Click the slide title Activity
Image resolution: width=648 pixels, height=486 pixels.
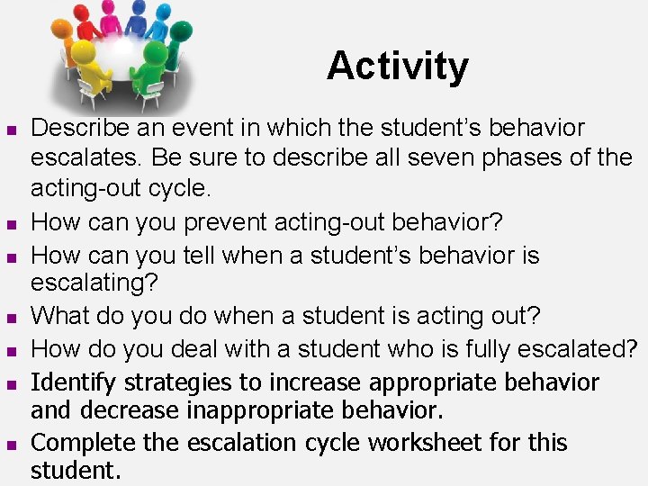point(397,66)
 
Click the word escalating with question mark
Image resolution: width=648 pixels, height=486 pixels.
point(94,283)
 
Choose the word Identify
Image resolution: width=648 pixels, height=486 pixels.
point(75,382)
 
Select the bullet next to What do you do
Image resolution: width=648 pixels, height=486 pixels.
point(11,318)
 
